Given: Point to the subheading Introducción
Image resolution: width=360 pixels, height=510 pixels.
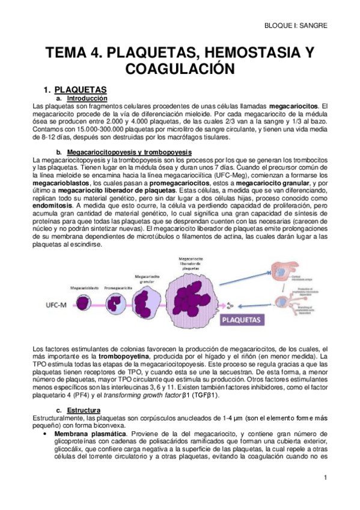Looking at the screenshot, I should [x=87, y=98].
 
